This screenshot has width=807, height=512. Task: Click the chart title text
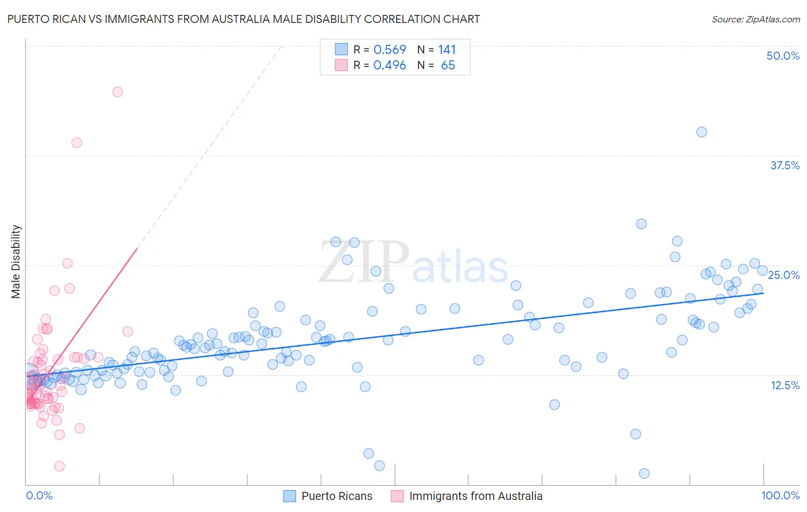click(243, 19)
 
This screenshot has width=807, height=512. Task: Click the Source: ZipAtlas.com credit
click(755, 19)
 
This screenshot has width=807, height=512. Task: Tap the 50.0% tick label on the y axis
click(783, 56)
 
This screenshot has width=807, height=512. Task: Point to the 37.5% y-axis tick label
click(785, 165)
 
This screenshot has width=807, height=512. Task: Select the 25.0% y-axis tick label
click(783, 275)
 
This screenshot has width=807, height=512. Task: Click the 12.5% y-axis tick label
click(785, 385)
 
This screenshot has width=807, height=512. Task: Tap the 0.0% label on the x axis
click(39, 495)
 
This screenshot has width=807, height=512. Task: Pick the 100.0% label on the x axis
click(780, 495)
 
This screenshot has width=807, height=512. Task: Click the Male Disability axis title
click(16, 261)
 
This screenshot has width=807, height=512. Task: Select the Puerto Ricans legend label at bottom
click(336, 496)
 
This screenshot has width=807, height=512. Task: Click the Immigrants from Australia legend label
click(475, 496)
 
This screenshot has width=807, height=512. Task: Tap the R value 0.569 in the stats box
click(390, 49)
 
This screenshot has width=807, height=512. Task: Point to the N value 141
click(447, 49)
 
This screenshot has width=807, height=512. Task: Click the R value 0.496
click(390, 65)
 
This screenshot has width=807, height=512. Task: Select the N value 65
click(448, 65)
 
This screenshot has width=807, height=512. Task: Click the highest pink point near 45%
click(118, 92)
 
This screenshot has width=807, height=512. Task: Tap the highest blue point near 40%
click(701, 132)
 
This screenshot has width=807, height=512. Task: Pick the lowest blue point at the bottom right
click(644, 474)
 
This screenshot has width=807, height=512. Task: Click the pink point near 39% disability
click(76, 143)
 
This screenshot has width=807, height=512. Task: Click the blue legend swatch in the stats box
click(341, 49)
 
